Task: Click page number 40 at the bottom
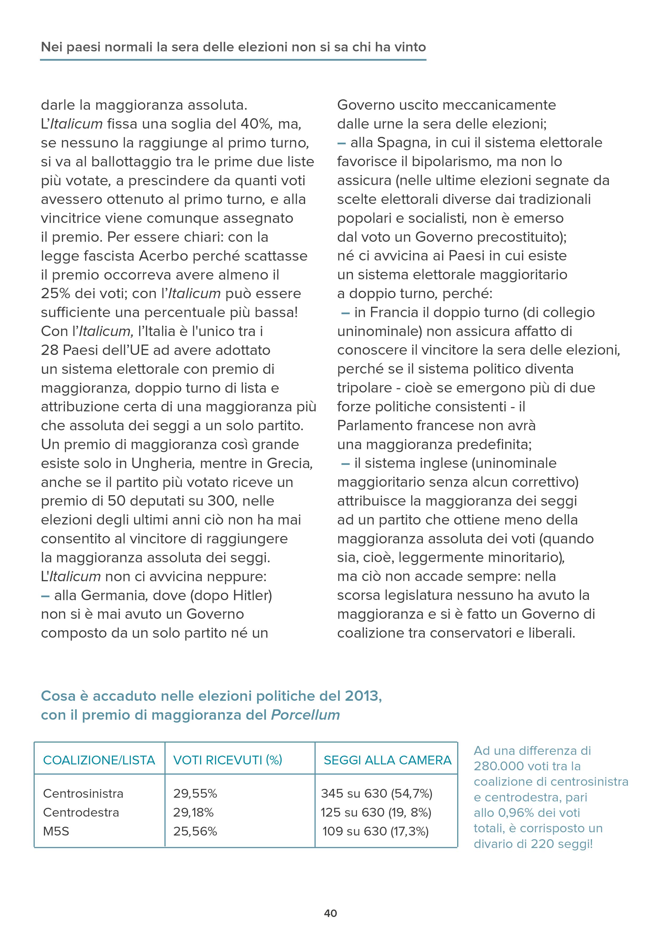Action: (x=330, y=913)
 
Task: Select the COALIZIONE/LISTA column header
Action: (x=99, y=760)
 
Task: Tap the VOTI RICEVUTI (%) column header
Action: (x=228, y=760)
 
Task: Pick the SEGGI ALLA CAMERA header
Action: (x=387, y=760)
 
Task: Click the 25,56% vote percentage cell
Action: (x=195, y=831)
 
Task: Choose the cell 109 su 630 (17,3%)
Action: (x=375, y=831)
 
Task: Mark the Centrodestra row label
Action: (x=81, y=812)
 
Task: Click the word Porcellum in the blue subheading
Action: (x=305, y=715)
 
